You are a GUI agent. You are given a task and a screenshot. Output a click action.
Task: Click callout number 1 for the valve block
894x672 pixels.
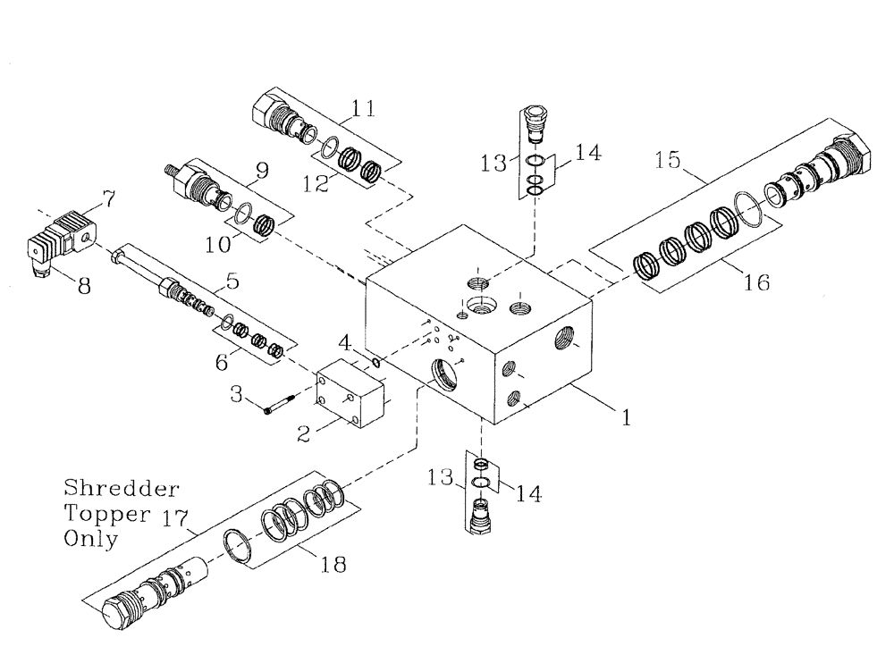[627, 416]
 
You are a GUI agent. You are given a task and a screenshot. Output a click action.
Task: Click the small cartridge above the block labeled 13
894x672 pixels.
[535, 125]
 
